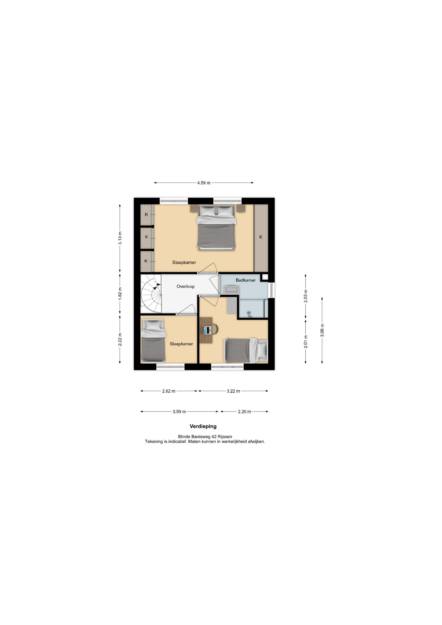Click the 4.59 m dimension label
click(203, 183)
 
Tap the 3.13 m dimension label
click(120, 238)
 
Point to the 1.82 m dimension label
click(120, 293)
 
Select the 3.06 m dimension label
click(322, 330)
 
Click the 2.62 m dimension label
click(169, 391)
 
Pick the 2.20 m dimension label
click(244, 412)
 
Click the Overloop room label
click(186, 286)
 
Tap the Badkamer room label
click(246, 280)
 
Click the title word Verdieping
click(203, 426)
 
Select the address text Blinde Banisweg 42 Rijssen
click(205, 437)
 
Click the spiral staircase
click(151, 294)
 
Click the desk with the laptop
click(206, 330)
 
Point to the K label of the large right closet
click(261, 237)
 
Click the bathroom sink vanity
click(231, 290)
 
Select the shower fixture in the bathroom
click(249, 314)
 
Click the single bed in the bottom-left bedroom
click(154, 341)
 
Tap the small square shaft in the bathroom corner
click(265, 277)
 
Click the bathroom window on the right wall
click(271, 290)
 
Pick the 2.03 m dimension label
click(306, 296)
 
